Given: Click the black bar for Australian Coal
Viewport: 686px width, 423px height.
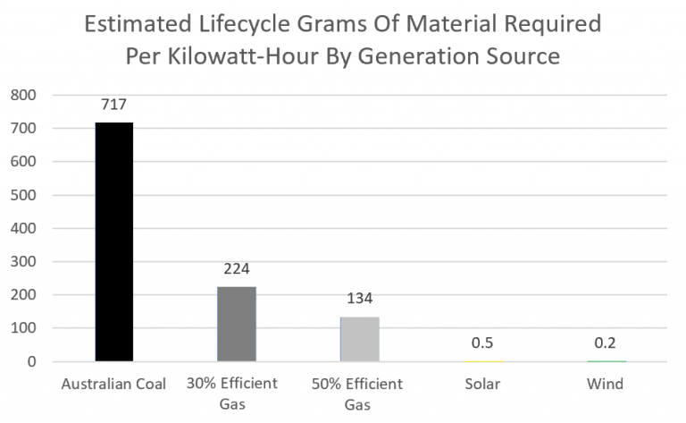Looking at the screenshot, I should coord(114,241).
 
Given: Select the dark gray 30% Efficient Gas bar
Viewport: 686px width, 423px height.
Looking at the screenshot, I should coord(237,324).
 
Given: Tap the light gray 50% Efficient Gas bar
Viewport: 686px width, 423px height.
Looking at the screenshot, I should coord(359,339).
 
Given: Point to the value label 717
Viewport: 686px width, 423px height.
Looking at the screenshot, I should coord(114,106).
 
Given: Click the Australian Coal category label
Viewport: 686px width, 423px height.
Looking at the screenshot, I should coord(114,384).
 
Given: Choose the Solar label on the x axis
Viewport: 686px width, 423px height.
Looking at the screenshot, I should coord(482,384).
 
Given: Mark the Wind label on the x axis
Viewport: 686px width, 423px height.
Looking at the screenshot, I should coord(605,384).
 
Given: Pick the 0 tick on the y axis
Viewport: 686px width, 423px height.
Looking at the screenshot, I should coord(31,362).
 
